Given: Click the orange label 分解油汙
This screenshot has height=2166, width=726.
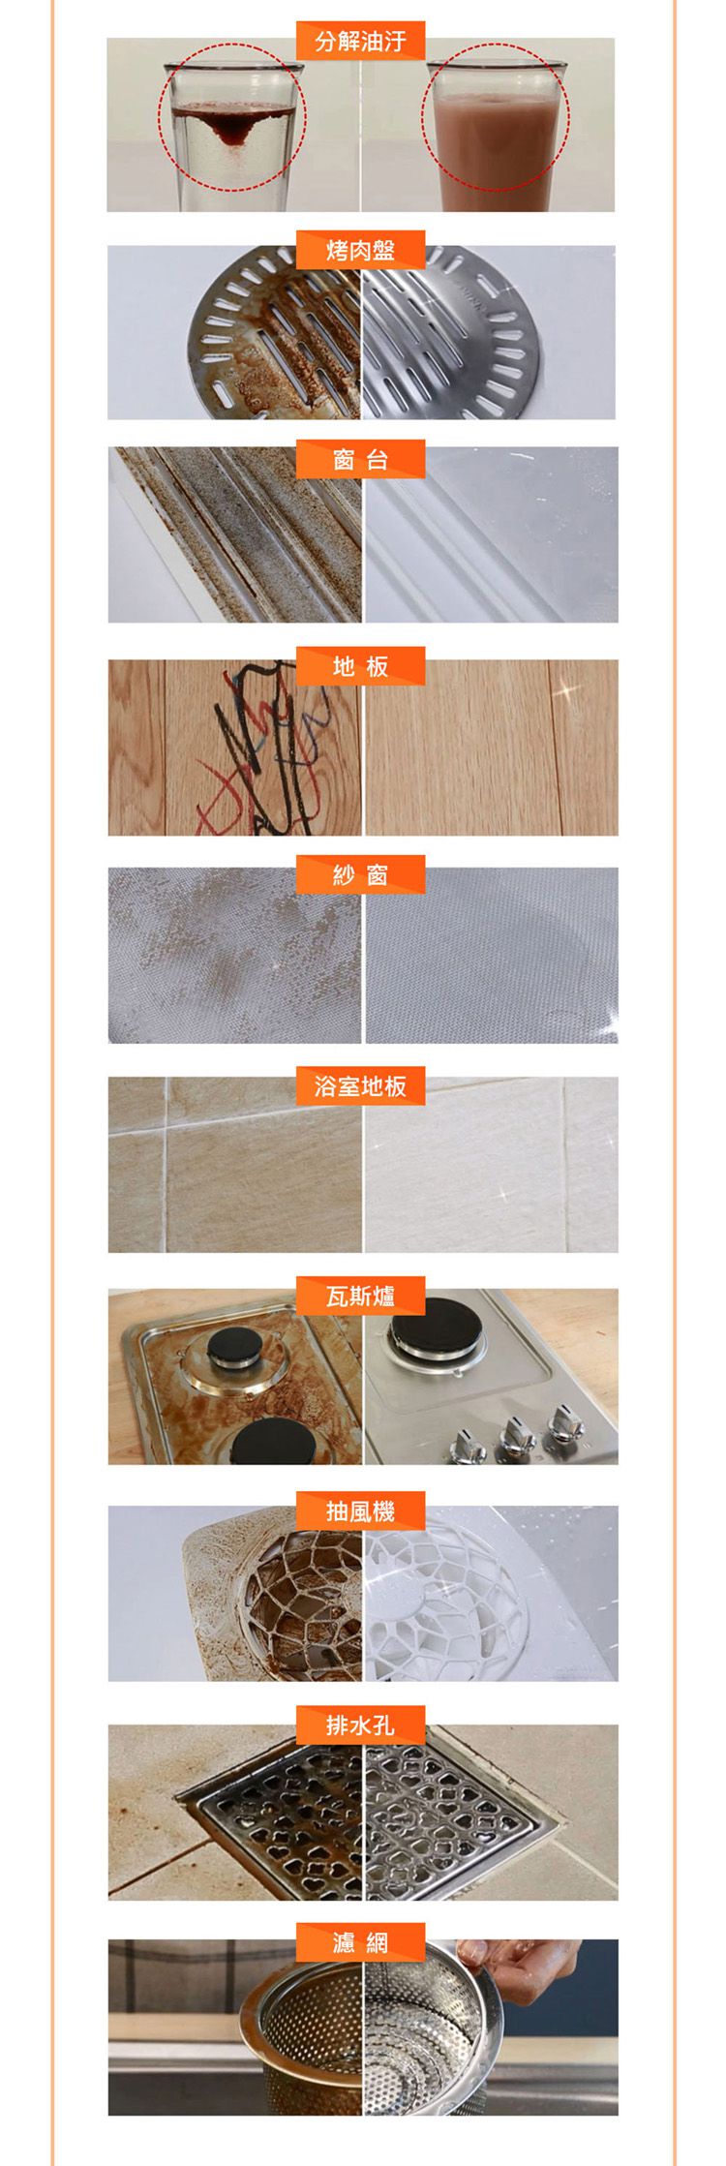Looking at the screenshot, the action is click(361, 41).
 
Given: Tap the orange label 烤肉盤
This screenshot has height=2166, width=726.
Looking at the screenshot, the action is click(361, 250).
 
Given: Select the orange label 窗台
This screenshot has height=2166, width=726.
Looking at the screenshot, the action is click(361, 459).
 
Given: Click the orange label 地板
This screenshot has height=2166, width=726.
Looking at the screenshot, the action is click(361, 666).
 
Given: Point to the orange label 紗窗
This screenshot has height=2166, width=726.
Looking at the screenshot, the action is click(361, 875).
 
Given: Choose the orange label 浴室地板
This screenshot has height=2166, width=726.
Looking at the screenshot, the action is click(361, 1085).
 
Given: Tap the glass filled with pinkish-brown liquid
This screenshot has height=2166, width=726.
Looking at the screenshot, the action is click(496, 136).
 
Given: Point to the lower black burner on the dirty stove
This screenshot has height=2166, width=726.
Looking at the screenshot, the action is click(270, 1440).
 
